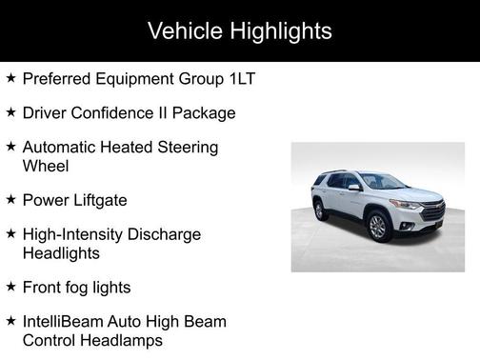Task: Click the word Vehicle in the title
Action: [x=184, y=30]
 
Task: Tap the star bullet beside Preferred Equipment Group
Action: [x=10, y=77]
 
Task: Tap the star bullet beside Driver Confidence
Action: [x=10, y=112]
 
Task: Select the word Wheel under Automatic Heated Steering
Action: [x=47, y=166]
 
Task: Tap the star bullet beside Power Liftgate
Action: [x=10, y=199]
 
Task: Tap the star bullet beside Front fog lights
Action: [x=10, y=286]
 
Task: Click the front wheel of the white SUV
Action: [x=377, y=227]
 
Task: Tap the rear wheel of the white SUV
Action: [x=320, y=210]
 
